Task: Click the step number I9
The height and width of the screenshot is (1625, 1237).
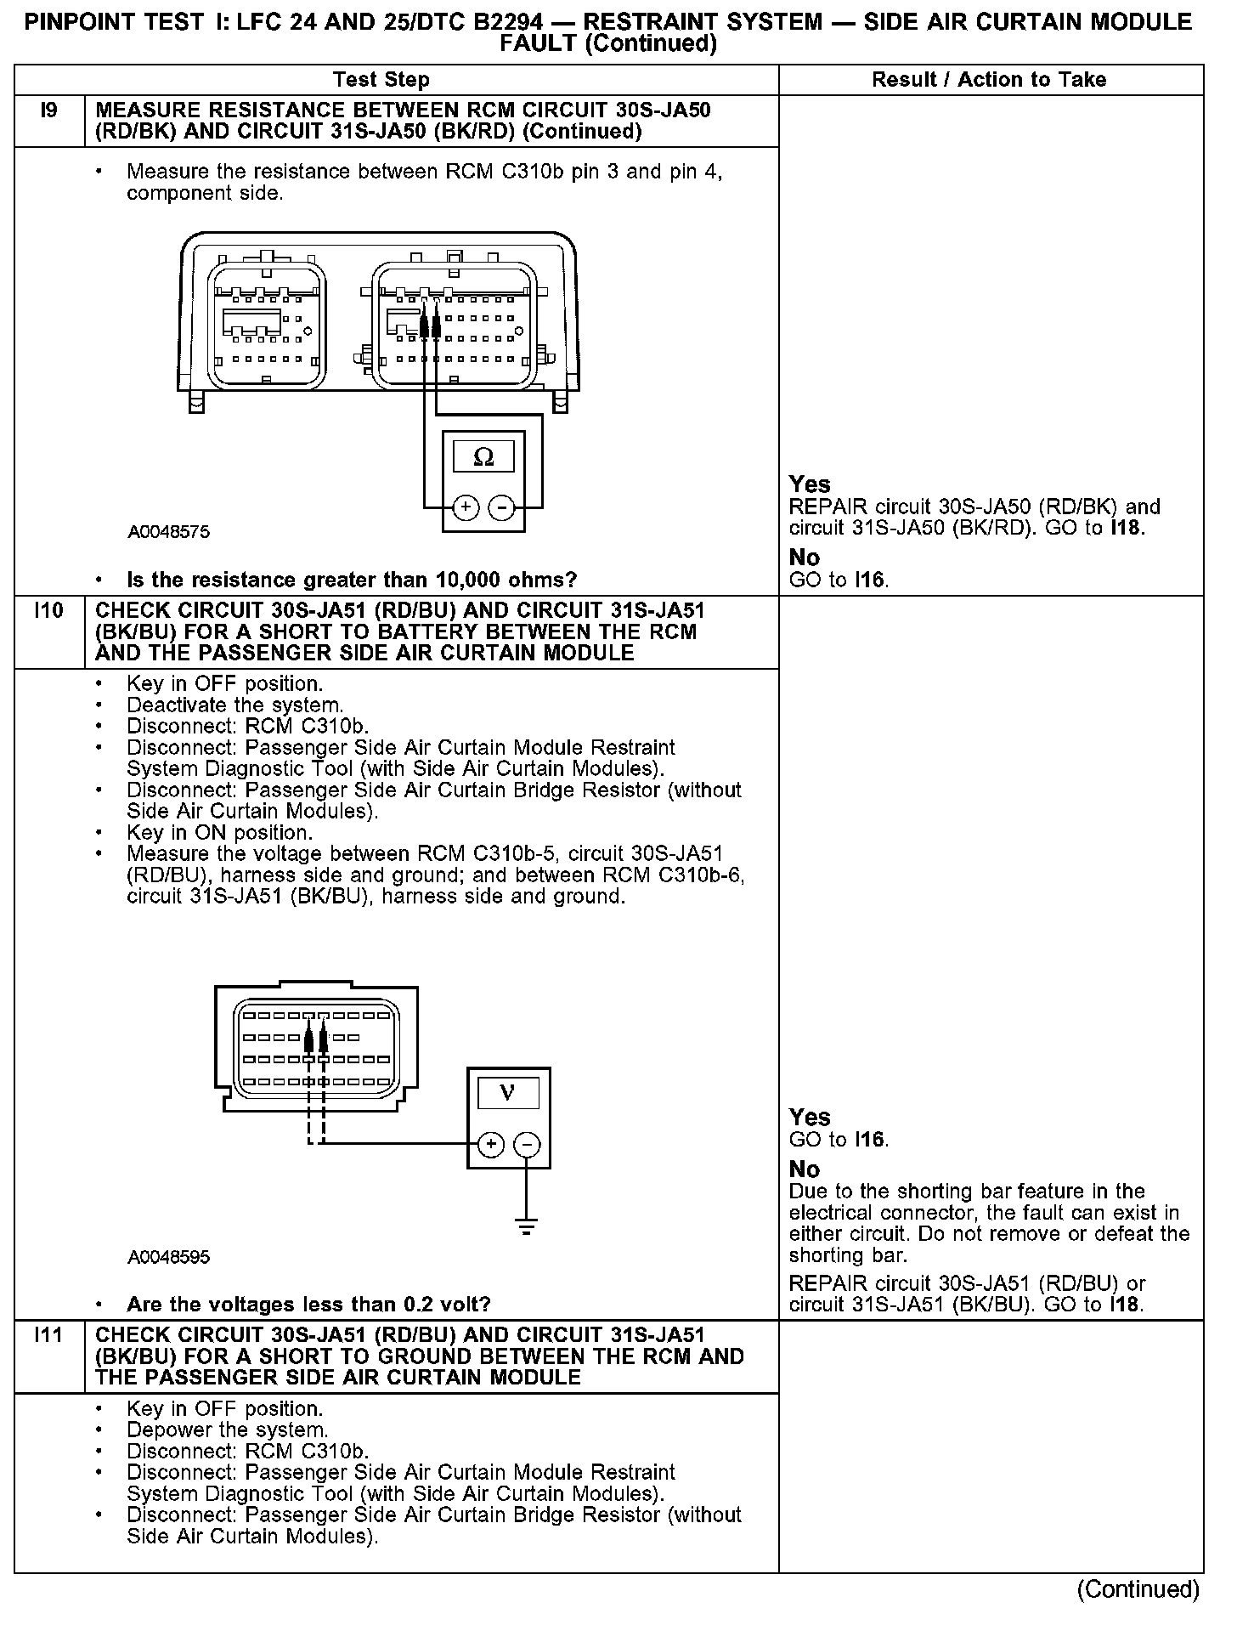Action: [49, 111]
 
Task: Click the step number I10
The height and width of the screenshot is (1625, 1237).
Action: [49, 611]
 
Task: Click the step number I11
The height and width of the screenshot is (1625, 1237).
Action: [49, 1335]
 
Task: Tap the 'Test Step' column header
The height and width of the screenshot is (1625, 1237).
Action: [381, 80]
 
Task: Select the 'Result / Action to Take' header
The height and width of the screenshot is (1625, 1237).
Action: [989, 80]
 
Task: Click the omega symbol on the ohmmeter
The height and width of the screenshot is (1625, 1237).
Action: [483, 458]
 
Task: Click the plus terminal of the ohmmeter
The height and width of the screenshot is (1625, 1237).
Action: [465, 508]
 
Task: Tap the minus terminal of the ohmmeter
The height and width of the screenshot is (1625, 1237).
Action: [502, 508]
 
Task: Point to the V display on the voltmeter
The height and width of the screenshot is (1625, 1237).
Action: [508, 1092]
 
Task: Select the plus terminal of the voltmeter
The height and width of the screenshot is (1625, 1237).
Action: [490, 1145]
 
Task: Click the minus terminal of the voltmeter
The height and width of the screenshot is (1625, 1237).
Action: [528, 1145]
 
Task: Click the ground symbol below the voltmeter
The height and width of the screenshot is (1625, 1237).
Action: [528, 1226]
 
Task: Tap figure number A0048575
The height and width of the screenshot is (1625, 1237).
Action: [169, 533]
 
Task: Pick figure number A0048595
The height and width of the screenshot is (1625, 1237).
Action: [169, 1257]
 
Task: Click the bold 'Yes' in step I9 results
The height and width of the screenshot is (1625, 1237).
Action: [810, 484]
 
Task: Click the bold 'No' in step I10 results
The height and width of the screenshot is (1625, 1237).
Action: [805, 1169]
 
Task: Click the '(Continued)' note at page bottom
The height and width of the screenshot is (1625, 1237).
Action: [1138, 1589]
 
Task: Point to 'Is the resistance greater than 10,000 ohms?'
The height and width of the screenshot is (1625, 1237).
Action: [352, 580]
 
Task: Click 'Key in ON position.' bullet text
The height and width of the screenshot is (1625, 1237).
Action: [219, 833]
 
